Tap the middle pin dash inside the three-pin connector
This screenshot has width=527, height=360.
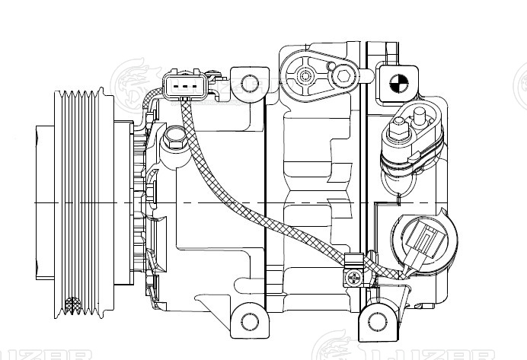coord(184,85)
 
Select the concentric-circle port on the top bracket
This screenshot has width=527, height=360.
coord(306,75)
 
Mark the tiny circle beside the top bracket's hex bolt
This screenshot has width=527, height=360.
coord(331,68)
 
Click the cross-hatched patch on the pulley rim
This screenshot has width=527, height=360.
coord(72,305)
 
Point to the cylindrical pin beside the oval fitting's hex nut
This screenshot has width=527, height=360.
coord(418,118)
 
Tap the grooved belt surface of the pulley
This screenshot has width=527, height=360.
coord(84,202)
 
